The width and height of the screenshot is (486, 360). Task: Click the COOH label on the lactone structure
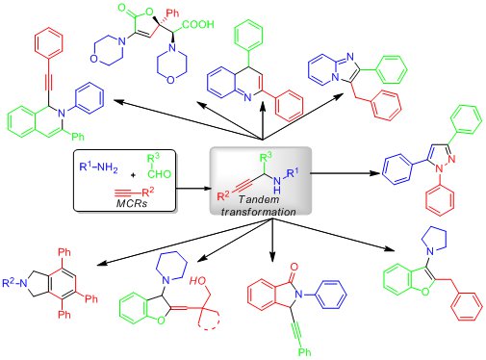pos(197,24)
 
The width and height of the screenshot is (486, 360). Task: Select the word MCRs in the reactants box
pos(132,203)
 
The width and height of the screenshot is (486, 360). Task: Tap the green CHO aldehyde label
pos(160,174)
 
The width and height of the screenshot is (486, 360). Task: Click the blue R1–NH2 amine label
pos(98,167)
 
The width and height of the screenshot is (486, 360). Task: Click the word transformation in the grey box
pos(258,212)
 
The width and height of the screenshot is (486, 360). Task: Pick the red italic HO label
pos(198,281)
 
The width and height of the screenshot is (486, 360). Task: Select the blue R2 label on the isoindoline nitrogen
pos(9,283)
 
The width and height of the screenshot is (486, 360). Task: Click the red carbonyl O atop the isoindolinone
pos(294,267)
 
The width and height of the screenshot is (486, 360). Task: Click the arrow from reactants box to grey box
pos(192,189)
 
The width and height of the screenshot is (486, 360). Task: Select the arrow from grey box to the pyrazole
pos(345,173)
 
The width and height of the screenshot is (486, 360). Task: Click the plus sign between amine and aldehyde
pos(134,175)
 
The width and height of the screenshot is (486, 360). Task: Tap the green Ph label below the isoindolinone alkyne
pos(304,352)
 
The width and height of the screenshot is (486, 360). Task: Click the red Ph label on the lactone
pos(172,13)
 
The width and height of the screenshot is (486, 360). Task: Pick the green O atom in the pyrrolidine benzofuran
pos(425,292)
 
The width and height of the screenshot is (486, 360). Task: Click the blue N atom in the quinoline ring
pos(247,97)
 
